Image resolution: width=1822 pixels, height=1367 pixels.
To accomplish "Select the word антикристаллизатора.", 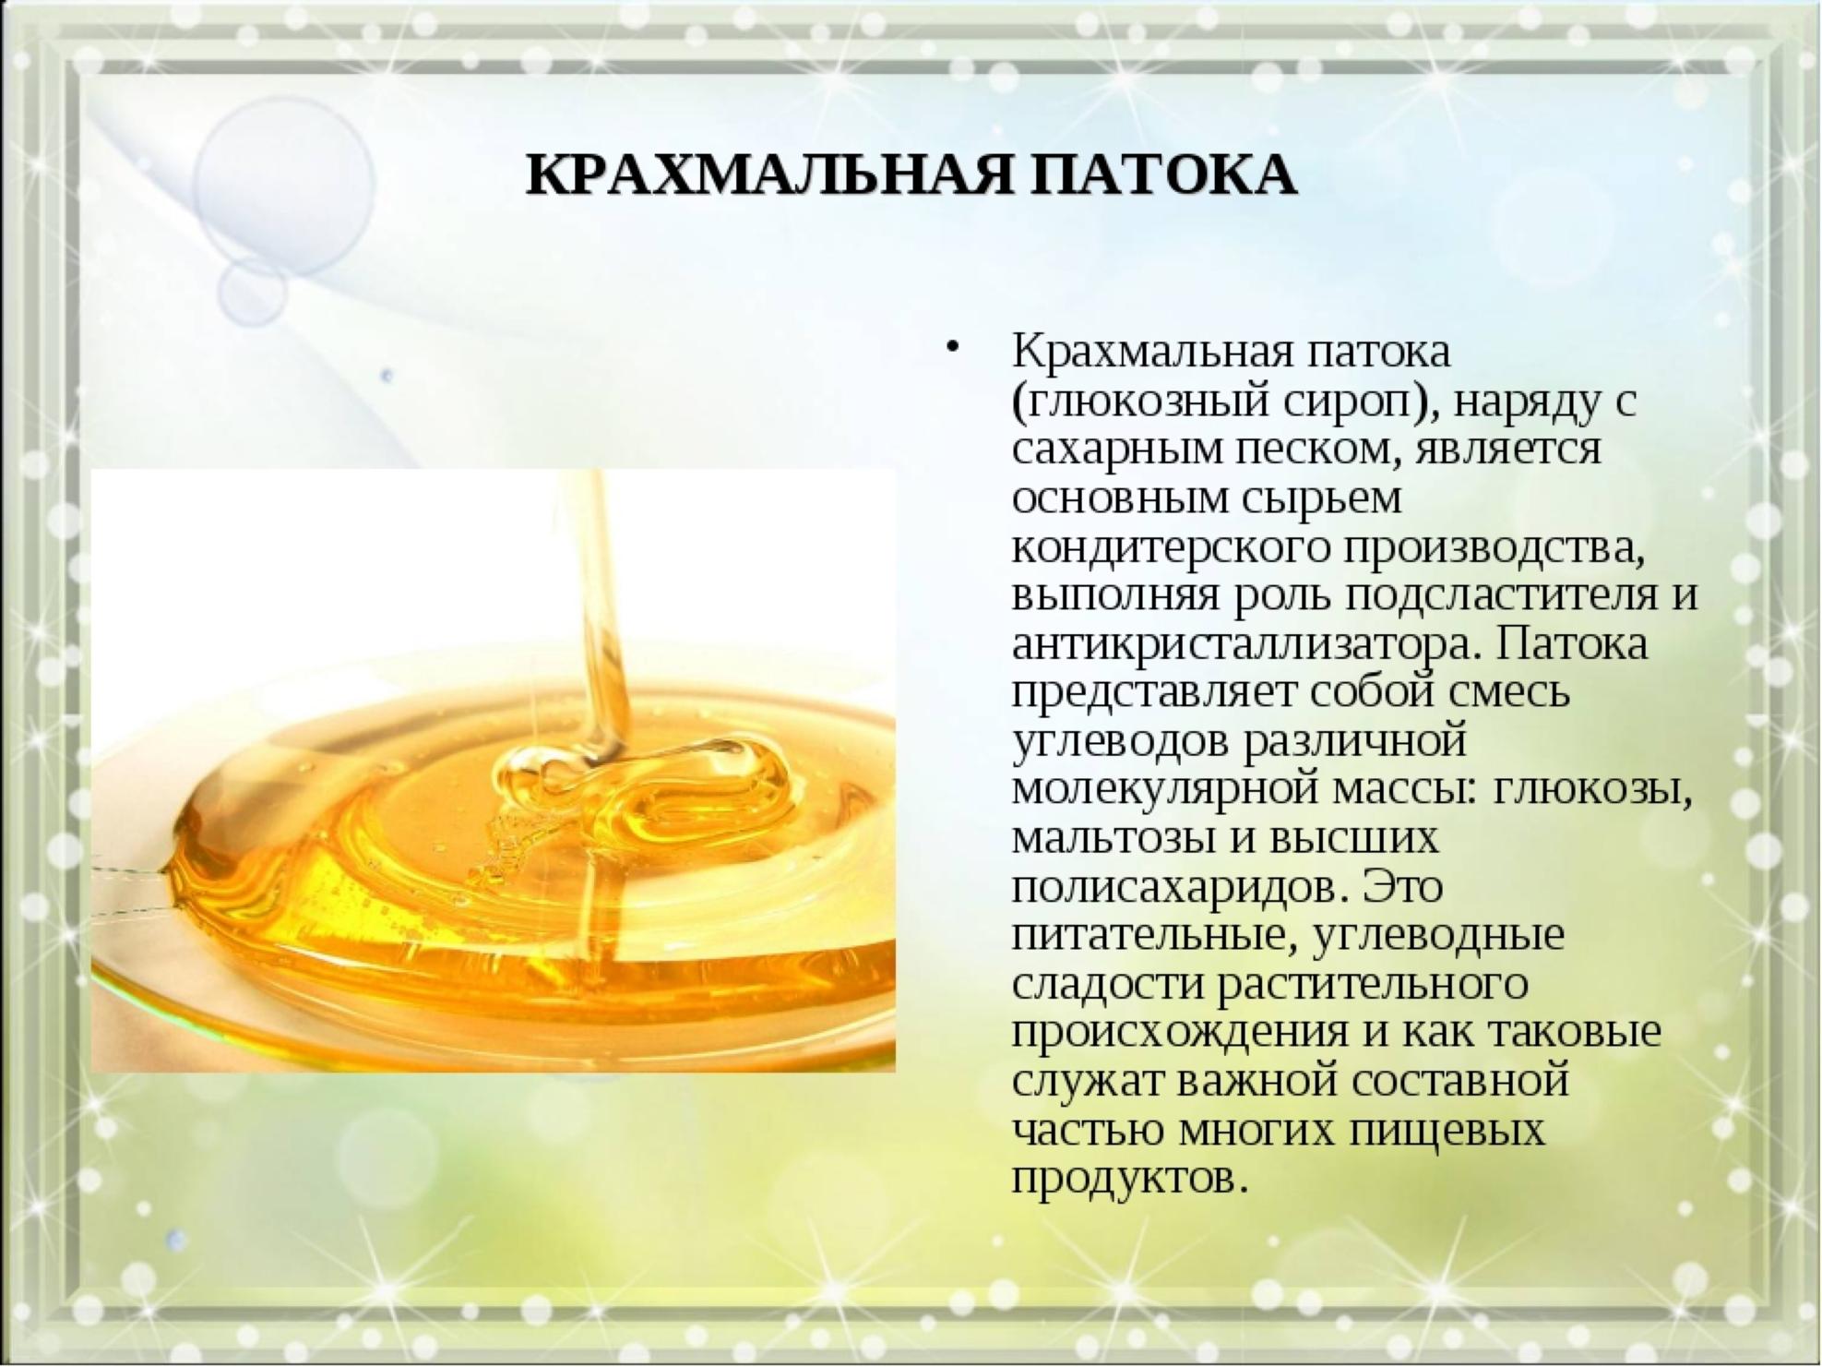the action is click(x=1243, y=643).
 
